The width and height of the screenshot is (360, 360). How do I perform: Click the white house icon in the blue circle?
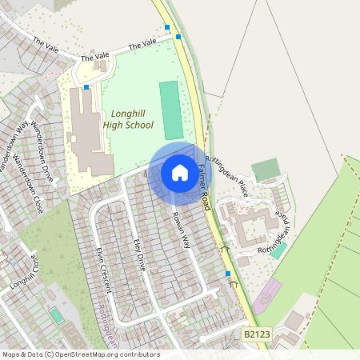[x=179, y=173]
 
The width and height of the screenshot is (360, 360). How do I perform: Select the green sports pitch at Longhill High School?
[x=170, y=110]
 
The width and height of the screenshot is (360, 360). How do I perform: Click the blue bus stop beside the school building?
[x=86, y=86]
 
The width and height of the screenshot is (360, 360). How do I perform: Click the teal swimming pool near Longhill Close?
[x=56, y=315]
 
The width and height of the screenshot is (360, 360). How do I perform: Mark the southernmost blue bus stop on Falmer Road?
[x=228, y=274]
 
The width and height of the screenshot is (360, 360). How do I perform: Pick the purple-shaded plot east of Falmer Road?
[x=267, y=291]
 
